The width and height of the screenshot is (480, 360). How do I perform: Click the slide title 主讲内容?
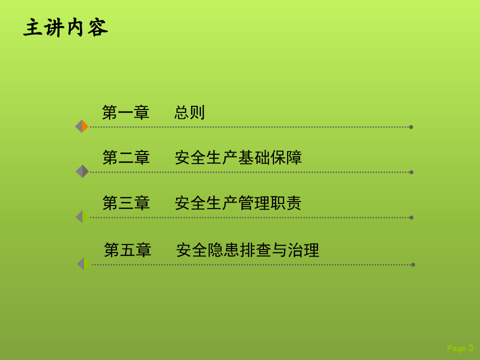pyautogui.click(x=65, y=28)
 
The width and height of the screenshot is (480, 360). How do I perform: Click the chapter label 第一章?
pyautogui.click(x=125, y=112)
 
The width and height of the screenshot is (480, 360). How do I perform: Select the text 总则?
pyautogui.click(x=189, y=112)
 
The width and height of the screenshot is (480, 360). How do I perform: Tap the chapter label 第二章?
pyautogui.click(x=126, y=157)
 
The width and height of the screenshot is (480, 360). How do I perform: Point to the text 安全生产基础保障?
pyautogui.click(x=238, y=157)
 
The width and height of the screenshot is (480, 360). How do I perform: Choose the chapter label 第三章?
pyautogui.click(x=126, y=203)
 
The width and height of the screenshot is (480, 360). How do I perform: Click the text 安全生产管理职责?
pyautogui.click(x=238, y=203)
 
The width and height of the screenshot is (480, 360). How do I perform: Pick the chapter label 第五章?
pyautogui.click(x=127, y=250)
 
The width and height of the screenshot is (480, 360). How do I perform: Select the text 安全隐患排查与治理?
pyautogui.click(x=247, y=250)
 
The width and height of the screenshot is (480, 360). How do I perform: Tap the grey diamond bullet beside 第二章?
pyautogui.click(x=82, y=171)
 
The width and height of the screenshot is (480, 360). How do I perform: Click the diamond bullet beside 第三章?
pyautogui.click(x=82, y=216)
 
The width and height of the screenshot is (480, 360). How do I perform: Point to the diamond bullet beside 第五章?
pyautogui.click(x=83, y=263)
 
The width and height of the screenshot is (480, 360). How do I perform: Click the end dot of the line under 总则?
pyautogui.click(x=411, y=127)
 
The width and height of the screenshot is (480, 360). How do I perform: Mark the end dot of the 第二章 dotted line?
pyautogui.click(x=411, y=172)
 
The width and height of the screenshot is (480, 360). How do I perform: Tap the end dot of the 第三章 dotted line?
pyautogui.click(x=411, y=217)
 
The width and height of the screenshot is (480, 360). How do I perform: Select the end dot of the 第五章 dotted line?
pyautogui.click(x=413, y=264)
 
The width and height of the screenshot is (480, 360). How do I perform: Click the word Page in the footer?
pyautogui.click(x=456, y=348)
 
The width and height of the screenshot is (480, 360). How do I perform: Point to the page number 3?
pyautogui.click(x=471, y=348)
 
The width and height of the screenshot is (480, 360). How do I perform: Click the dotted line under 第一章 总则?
pyautogui.click(x=250, y=127)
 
